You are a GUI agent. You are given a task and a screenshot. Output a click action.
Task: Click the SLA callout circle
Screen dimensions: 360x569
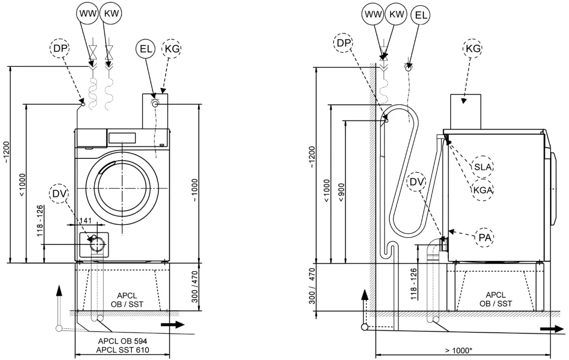(482, 167)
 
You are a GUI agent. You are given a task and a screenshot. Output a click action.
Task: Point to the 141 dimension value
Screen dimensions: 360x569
(87, 220)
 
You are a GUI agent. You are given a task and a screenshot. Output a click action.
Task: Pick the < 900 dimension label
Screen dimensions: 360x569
(342, 191)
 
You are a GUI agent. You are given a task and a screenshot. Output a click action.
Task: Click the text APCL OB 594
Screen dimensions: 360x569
(122, 341)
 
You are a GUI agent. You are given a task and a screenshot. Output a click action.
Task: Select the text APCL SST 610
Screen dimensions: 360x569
(122, 350)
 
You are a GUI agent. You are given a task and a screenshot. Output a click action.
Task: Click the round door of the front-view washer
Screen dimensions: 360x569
(122, 187)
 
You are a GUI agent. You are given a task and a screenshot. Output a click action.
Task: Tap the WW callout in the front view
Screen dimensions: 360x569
(87, 14)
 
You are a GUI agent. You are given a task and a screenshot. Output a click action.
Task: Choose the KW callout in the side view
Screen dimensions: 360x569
(396, 14)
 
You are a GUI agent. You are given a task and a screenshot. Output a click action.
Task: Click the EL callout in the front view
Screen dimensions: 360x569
(145, 48)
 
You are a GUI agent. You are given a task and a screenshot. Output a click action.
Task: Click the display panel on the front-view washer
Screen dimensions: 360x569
(122, 138)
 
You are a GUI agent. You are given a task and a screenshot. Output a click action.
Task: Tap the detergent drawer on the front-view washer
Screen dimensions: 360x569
(91, 138)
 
